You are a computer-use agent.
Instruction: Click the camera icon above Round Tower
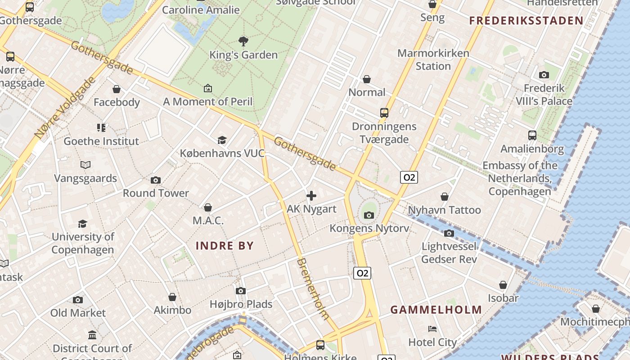(x=156, y=180)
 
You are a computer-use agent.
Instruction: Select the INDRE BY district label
(x=225, y=246)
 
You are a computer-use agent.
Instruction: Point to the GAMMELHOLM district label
(x=436, y=310)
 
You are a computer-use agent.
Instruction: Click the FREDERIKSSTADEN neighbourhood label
(x=526, y=21)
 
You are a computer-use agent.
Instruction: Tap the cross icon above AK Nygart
(x=311, y=196)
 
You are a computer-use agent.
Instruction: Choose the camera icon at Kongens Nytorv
(x=369, y=215)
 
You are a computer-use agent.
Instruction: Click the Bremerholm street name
(x=313, y=288)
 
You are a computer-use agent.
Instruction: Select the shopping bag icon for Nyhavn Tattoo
(x=445, y=197)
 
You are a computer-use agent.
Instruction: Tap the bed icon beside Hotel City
(x=432, y=329)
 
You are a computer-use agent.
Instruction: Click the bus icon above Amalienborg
(x=532, y=135)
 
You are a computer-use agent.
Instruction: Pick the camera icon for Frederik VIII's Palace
(x=544, y=75)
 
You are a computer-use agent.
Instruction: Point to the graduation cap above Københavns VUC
(x=222, y=140)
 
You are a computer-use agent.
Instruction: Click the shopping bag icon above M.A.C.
(x=208, y=207)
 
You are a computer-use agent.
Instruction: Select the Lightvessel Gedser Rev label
(x=449, y=253)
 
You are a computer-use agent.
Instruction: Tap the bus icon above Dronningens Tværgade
(x=384, y=113)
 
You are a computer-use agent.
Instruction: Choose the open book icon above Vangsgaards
(x=85, y=165)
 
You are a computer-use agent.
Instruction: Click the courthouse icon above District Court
(x=92, y=335)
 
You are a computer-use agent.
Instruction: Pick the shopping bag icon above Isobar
(x=503, y=285)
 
